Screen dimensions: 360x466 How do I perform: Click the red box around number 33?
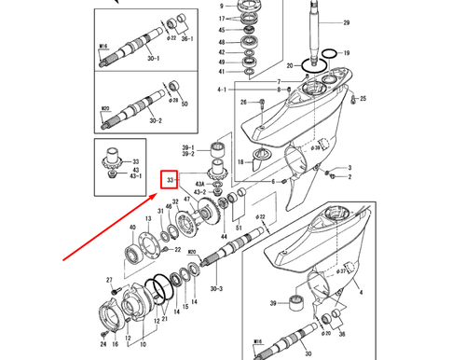click(171, 177)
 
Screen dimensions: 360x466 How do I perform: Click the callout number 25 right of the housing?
click(363, 99)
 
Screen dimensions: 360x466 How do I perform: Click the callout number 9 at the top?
click(221, 7)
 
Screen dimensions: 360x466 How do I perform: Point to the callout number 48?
click(221, 42)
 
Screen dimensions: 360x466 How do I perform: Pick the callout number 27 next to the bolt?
click(109, 280)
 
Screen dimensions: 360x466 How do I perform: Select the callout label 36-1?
click(186, 39)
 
